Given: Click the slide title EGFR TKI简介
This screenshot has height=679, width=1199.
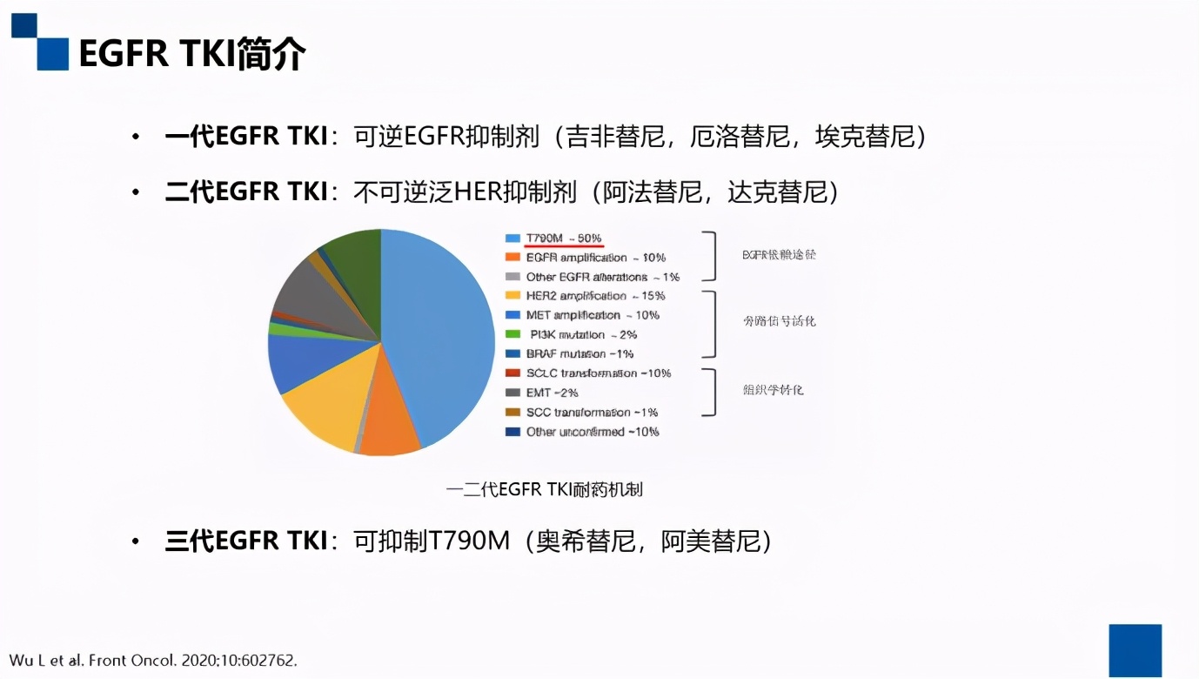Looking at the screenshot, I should coord(192,54).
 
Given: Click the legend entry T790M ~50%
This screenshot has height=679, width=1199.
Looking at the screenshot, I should coord(564,239).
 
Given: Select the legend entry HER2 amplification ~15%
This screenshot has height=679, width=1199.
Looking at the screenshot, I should coord(594,296).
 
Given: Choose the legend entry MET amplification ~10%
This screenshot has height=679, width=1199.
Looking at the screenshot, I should coord(593,315).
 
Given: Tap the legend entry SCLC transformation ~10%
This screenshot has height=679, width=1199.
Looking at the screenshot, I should coord(599,373).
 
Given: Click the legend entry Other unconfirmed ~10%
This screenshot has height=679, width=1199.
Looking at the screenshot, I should coord(593,432).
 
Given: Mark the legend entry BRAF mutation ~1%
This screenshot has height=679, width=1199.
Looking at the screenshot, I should coord(579,354).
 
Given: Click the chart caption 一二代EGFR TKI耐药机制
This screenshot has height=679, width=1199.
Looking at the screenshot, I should coord(545,489).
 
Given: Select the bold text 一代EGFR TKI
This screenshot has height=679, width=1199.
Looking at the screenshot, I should coord(246,137).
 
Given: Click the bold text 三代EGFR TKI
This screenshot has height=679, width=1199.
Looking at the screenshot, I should coord(246,541).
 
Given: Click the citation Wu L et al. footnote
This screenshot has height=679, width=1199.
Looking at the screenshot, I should coord(153,661).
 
